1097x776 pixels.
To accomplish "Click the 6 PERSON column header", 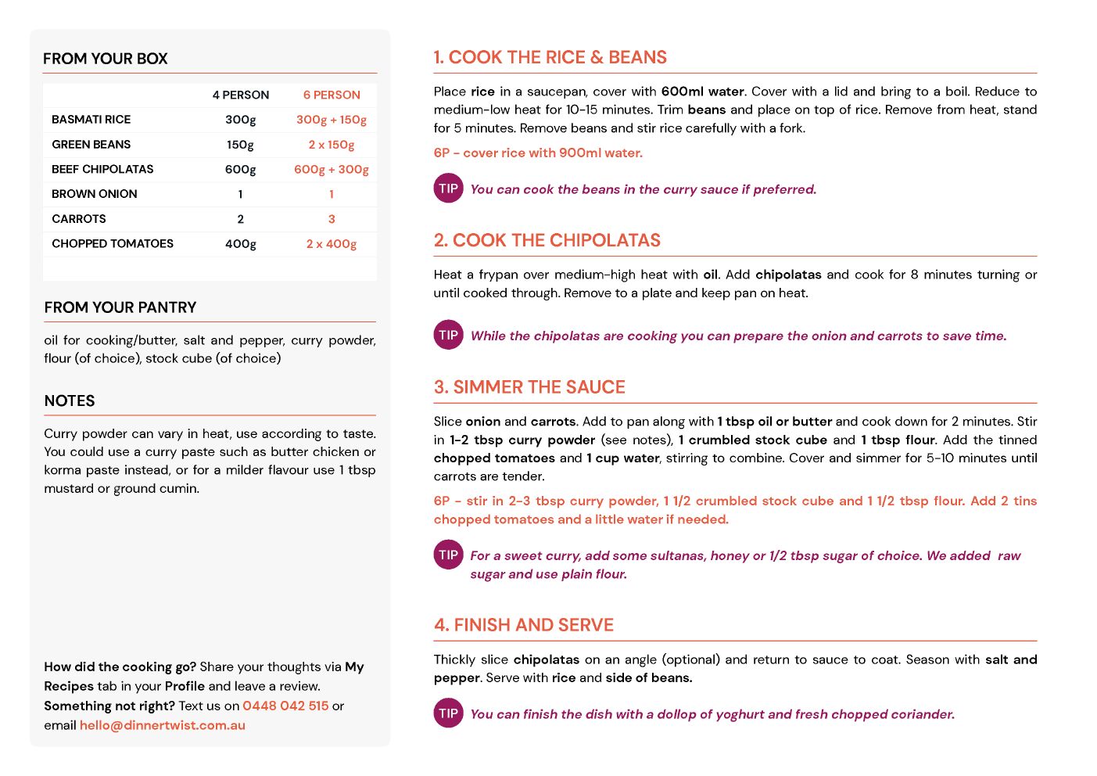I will coord(332,95).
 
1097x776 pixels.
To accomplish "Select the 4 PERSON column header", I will coord(241,95).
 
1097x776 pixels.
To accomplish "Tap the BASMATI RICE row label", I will coord(91,120).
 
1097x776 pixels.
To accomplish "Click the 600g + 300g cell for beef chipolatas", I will coord(332,169).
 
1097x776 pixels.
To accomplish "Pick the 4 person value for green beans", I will coord(240,145).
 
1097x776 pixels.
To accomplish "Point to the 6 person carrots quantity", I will coord(332,219).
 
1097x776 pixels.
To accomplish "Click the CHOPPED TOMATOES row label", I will coord(113,243).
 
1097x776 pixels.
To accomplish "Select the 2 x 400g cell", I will coord(332,244).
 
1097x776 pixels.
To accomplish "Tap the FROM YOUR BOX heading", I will coord(106,59).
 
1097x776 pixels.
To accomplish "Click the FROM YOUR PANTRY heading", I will coord(120,307).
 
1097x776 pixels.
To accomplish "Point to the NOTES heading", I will coord(70,401).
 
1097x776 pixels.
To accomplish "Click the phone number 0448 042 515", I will coord(285,706).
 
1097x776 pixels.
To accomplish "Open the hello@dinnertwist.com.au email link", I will coord(163,725).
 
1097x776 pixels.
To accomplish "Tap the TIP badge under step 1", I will coord(449,189).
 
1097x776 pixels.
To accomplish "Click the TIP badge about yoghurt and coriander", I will coord(449,713).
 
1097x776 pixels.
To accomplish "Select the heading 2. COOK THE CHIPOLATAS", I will coord(547,240).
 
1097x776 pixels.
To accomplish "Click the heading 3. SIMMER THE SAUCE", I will coord(529,387).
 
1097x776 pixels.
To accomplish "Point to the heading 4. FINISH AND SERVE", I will coord(524,625).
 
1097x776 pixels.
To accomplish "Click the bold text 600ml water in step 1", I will coord(702,92).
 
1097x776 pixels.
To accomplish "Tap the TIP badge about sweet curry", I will coord(449,555).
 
